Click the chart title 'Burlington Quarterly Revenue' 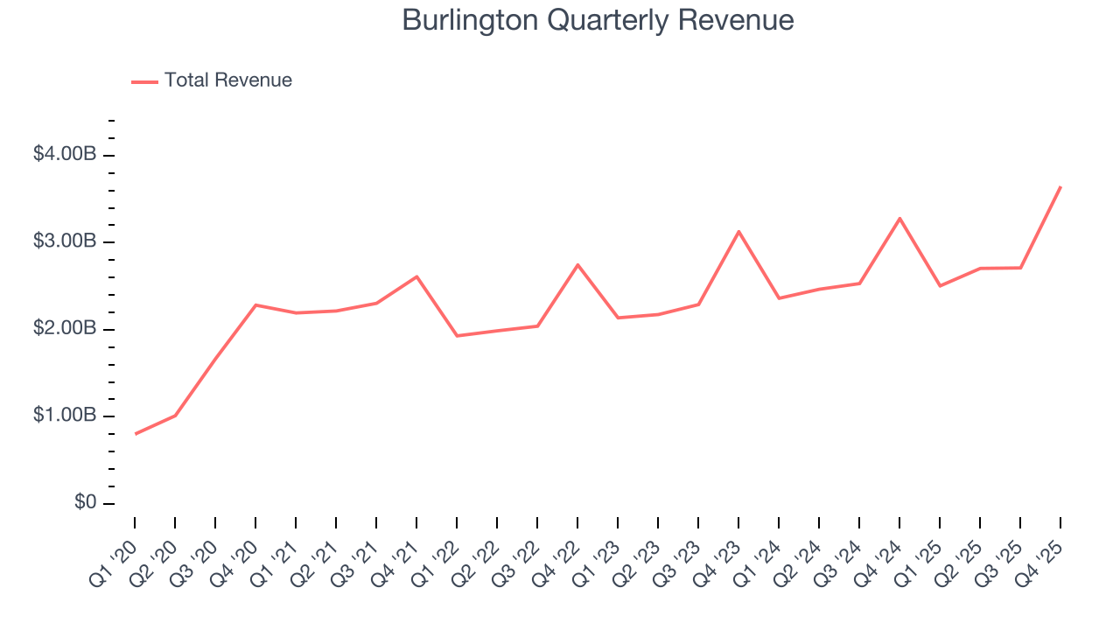point(598,20)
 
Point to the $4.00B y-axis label point(64,155)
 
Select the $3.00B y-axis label point(64,241)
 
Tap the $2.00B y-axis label point(64,329)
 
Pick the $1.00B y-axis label point(64,416)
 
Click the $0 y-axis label point(84,503)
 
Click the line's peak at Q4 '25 point(1060,186)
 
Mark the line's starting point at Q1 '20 point(136,434)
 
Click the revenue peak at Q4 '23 point(738,232)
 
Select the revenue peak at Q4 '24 point(899,218)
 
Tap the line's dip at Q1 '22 point(457,336)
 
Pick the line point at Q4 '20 point(255,304)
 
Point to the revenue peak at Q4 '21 point(416,276)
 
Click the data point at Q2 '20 point(176,415)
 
